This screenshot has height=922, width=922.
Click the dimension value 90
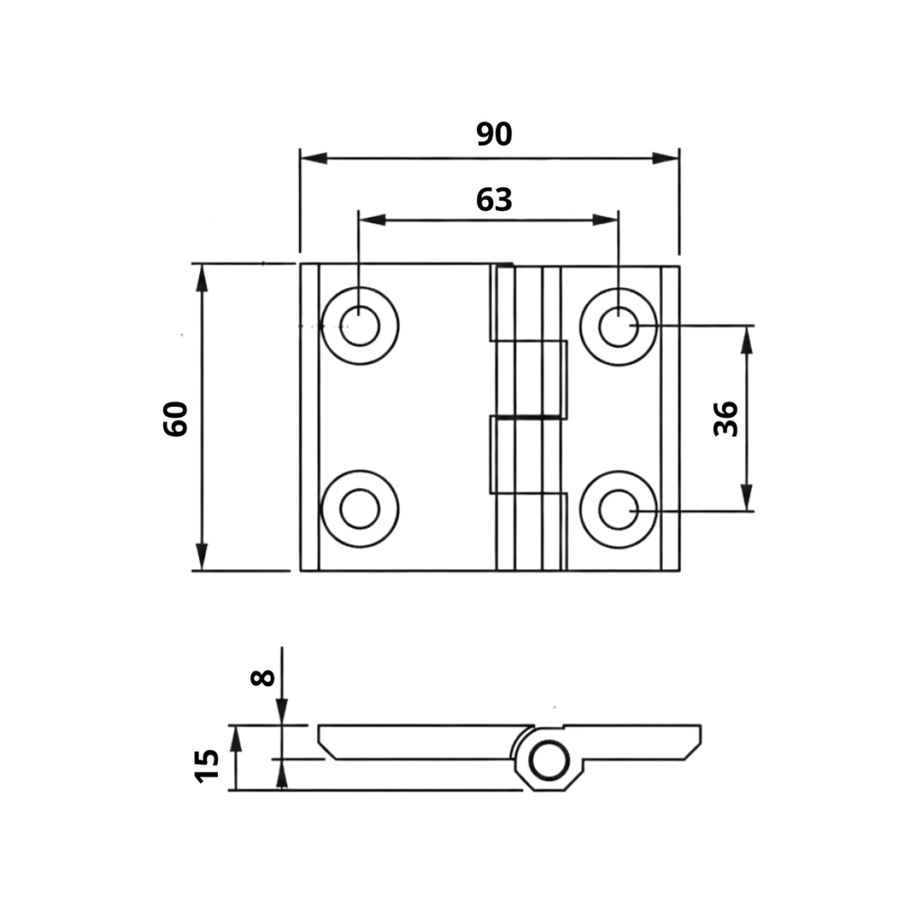(493, 134)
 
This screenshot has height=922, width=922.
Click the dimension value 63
(493, 199)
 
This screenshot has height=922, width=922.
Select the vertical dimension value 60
(176, 418)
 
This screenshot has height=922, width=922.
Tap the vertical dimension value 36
(726, 419)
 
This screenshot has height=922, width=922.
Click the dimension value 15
(207, 764)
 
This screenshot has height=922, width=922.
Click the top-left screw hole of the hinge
(360, 326)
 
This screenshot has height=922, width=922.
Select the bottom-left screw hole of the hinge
(360, 509)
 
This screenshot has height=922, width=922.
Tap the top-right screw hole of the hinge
(618, 326)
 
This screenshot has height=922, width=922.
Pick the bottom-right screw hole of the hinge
(618, 510)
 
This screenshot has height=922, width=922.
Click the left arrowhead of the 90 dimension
(312, 158)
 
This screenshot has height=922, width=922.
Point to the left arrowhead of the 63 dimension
(371, 220)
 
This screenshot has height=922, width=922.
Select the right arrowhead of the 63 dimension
(607, 220)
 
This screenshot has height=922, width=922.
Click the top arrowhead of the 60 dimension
(201, 276)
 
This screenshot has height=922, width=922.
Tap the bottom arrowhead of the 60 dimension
(201, 558)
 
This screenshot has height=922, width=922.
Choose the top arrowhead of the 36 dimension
(746, 338)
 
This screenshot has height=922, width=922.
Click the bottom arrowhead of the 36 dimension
(746, 498)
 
